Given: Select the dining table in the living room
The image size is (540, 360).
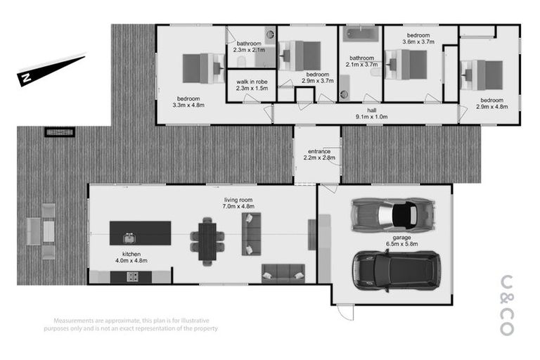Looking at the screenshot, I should [207, 238].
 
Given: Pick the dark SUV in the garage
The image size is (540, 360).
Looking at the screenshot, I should [394, 270].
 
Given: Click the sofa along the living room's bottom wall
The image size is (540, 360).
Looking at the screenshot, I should [283, 273].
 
